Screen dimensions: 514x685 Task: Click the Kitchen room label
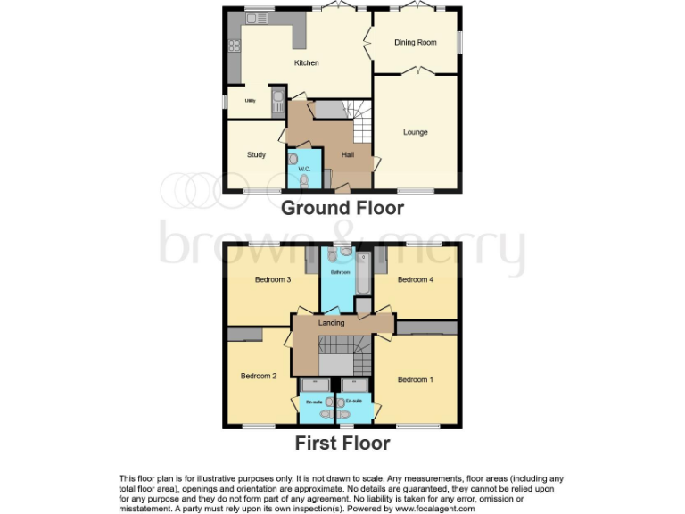point(307,63)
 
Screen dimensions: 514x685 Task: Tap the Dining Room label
point(416,42)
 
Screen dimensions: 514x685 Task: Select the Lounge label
point(415,133)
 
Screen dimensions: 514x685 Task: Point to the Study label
point(256,155)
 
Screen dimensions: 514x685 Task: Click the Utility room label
point(251,101)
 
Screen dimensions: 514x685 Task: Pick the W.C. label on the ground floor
point(303,170)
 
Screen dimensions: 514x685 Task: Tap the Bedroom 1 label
point(415,380)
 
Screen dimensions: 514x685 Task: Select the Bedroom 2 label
point(258,377)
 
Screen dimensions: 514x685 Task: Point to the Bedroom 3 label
point(273,280)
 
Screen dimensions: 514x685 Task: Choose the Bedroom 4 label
point(415,280)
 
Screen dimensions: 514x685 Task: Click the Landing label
point(331,322)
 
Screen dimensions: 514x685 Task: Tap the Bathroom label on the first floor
point(341,272)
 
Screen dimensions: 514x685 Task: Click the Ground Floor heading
point(342,209)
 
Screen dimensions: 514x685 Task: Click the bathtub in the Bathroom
point(363,275)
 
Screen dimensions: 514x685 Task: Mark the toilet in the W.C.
point(304,180)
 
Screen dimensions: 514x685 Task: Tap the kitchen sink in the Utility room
point(277,99)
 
